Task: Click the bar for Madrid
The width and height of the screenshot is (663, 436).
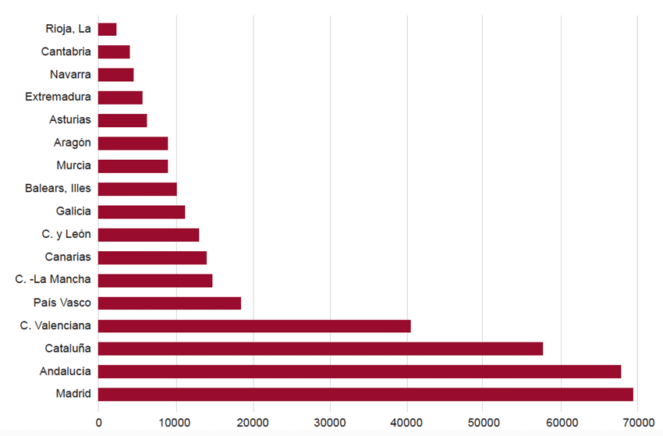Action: tap(365, 395)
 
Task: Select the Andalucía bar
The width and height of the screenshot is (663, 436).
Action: tap(360, 371)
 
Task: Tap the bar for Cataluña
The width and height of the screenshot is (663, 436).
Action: tap(321, 349)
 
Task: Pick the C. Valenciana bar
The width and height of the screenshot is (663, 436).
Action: tap(254, 326)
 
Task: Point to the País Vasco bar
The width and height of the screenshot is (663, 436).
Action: tap(169, 303)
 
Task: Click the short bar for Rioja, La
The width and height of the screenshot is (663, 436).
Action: tap(108, 30)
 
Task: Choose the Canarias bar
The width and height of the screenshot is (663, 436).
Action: tap(152, 257)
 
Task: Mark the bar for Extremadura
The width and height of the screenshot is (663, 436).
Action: tap(120, 97)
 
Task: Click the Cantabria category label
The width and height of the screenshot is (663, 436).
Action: tap(66, 52)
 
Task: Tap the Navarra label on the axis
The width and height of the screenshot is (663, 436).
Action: tap(70, 75)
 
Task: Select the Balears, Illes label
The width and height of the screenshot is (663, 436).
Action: tap(58, 189)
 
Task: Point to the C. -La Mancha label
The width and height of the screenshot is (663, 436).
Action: tap(53, 279)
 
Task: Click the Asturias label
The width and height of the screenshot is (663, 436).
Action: tap(70, 120)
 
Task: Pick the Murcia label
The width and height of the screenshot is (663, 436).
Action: tap(73, 165)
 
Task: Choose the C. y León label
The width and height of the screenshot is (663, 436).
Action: tap(66, 234)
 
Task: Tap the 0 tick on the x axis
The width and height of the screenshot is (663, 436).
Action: tap(99, 422)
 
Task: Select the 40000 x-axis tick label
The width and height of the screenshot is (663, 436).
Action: tap(406, 422)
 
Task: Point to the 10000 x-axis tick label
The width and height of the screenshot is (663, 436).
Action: tap(175, 422)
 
